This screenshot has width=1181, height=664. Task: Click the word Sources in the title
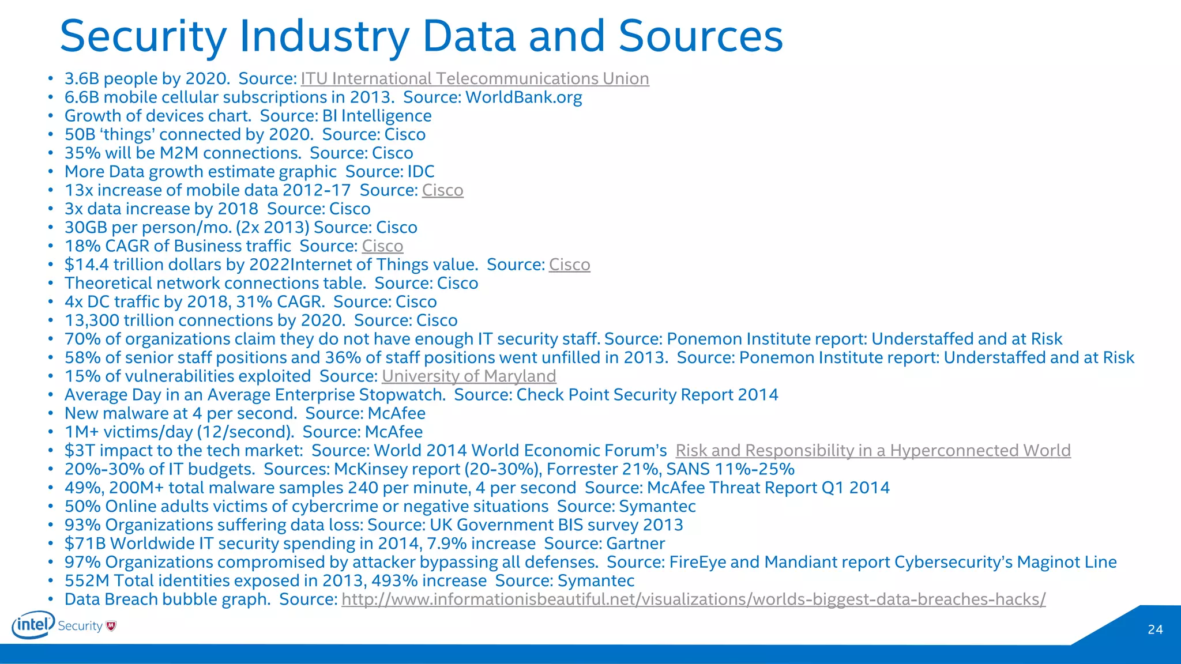701,36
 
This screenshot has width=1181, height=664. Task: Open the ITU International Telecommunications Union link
475,78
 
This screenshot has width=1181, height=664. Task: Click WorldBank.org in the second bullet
524,97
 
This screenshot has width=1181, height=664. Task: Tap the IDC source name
421,172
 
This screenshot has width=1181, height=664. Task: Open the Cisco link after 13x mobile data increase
442,190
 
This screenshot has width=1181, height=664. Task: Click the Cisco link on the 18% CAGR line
382,246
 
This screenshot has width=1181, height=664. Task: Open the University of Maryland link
469,376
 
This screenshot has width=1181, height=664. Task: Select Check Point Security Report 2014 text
647,395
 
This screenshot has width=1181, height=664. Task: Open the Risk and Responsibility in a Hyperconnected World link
872,451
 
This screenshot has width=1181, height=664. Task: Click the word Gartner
635,544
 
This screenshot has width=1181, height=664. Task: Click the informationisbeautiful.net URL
693,599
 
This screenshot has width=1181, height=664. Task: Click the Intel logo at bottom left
33,625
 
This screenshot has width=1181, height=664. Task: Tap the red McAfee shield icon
111,626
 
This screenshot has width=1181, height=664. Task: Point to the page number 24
1155,629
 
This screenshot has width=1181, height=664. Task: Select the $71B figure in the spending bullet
85,544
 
